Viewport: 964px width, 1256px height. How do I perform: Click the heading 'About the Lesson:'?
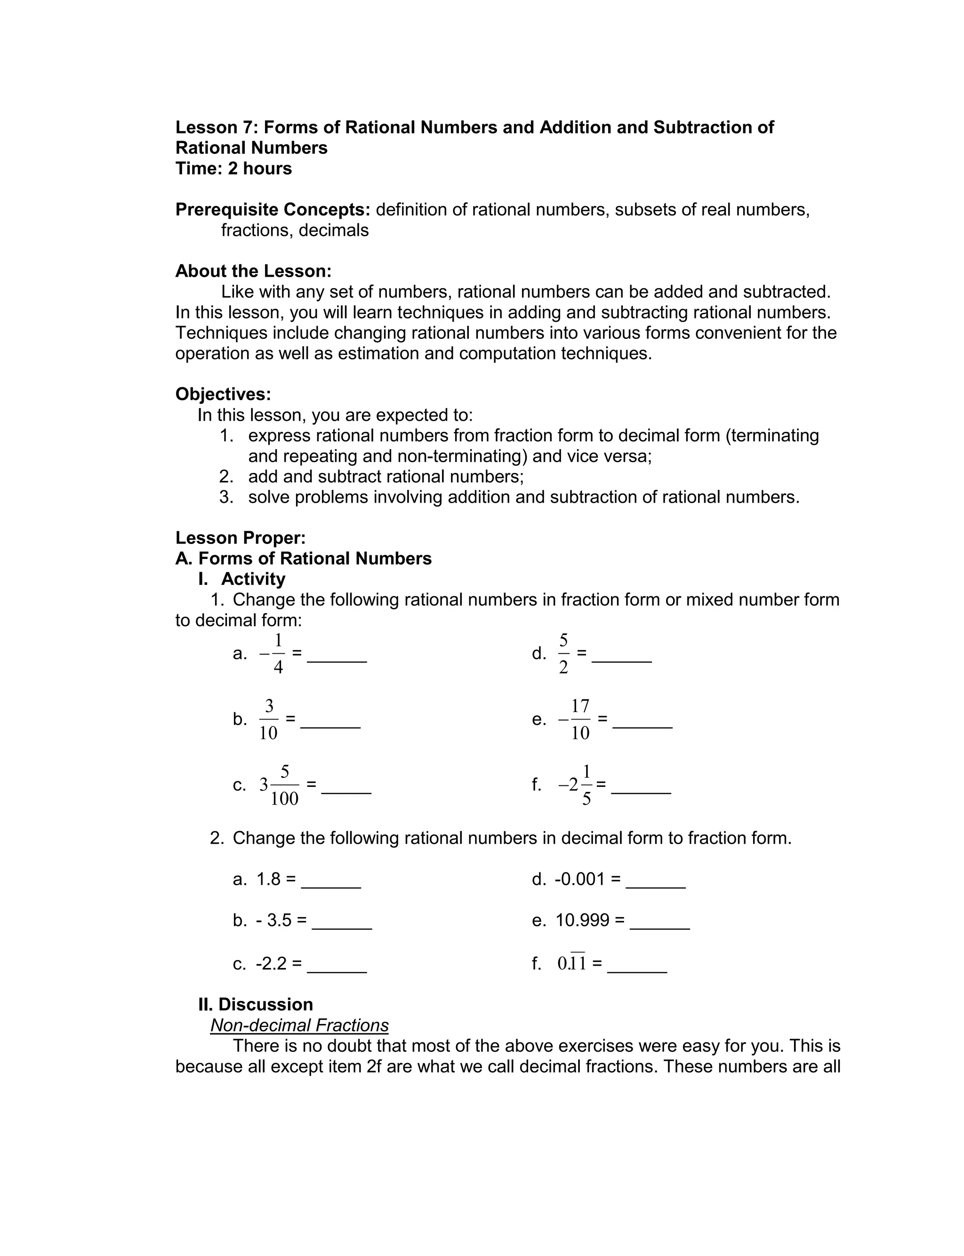[253, 271]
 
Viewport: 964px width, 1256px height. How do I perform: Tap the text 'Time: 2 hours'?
[233, 168]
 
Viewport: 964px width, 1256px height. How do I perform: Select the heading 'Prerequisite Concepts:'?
[273, 210]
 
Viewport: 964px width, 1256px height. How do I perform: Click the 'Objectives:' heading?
[223, 394]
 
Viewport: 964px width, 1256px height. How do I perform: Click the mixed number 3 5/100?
[279, 785]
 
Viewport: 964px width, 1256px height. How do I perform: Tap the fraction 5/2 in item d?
[563, 654]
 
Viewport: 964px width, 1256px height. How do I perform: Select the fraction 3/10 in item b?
[269, 719]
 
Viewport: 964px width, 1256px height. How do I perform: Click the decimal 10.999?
[582, 920]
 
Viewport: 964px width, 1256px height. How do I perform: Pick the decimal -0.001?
[579, 879]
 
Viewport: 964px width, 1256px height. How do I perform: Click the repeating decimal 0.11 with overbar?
[571, 963]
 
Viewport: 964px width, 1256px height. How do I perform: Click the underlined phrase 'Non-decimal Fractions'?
[299, 1025]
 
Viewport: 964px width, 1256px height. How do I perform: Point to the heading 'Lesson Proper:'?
[241, 538]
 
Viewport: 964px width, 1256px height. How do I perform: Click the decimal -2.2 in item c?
[271, 963]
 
